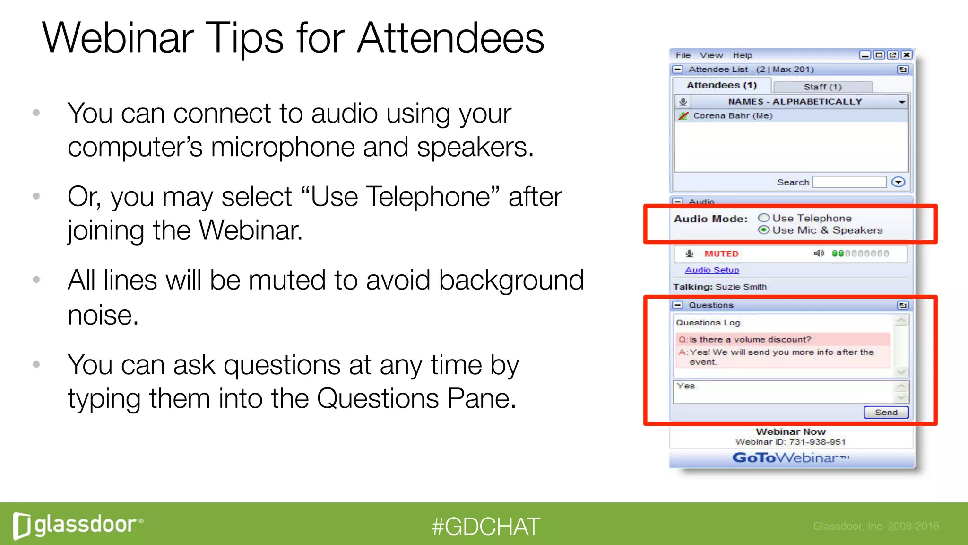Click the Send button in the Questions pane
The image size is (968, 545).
(x=886, y=413)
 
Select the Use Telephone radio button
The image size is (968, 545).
(x=764, y=218)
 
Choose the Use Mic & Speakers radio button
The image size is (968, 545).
(x=764, y=230)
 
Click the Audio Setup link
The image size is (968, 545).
(x=712, y=270)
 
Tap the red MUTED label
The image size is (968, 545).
(x=721, y=254)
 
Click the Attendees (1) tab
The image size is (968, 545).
(x=721, y=86)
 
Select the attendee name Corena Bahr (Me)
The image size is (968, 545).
(x=733, y=116)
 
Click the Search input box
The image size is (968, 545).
(x=849, y=182)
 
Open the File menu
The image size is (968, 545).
(x=683, y=55)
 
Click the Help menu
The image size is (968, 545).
(x=742, y=55)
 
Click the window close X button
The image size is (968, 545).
(x=907, y=55)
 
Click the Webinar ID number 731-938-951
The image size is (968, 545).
(x=817, y=442)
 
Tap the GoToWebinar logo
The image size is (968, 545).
(x=790, y=458)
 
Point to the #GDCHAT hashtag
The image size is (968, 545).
(x=485, y=527)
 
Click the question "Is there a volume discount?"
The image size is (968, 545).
(x=750, y=340)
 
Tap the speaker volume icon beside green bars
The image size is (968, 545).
(x=819, y=254)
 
